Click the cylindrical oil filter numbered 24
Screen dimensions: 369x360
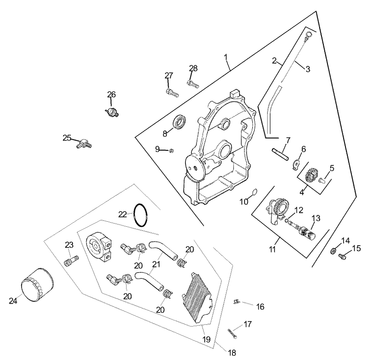point(37,284)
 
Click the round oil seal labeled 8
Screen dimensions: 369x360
point(180,122)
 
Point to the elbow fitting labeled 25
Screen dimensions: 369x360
point(84,143)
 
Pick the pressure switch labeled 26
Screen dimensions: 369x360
point(112,112)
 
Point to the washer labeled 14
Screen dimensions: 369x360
point(333,251)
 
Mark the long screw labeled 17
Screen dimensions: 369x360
point(232,333)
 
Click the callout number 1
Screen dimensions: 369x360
point(226,57)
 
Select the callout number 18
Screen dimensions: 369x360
point(232,353)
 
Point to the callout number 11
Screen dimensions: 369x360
point(272,249)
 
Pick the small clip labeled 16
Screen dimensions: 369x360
point(236,301)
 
